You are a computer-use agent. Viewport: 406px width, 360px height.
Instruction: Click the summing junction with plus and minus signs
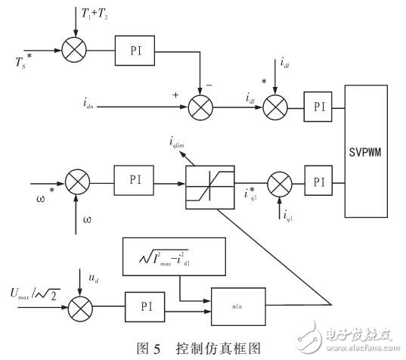(x=200, y=107)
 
